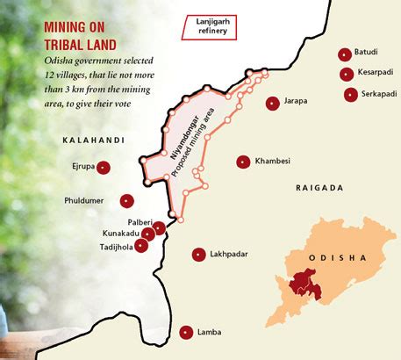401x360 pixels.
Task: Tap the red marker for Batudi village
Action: [345, 54]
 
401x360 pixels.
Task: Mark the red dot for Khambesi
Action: [242, 161]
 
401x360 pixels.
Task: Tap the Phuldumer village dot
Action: [126, 200]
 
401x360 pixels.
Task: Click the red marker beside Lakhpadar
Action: [197, 255]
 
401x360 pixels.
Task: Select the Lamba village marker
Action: [185, 332]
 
